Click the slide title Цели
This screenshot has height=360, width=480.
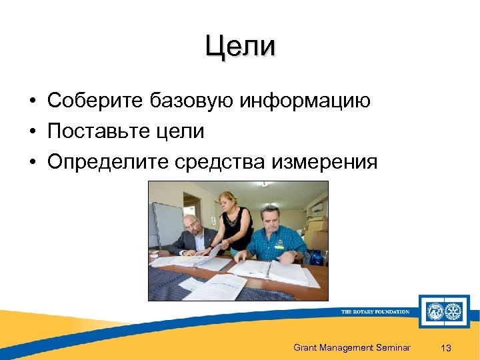[x=240, y=47]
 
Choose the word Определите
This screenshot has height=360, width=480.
[x=107, y=161]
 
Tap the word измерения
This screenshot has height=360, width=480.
[x=329, y=161]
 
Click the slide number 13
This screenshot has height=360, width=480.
[x=447, y=348]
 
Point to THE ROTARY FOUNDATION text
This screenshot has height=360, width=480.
[x=375, y=311]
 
